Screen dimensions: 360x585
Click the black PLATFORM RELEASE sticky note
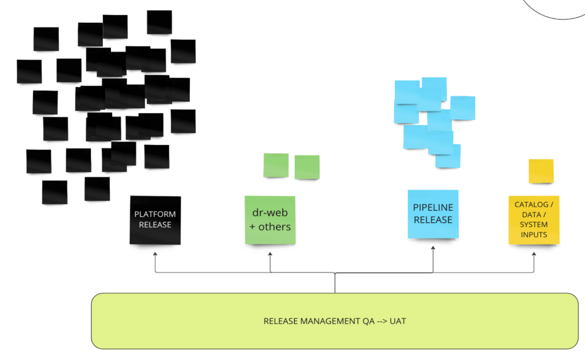(155, 220)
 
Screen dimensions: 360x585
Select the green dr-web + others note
(270, 220)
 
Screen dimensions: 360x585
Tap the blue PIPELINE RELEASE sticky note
(433, 214)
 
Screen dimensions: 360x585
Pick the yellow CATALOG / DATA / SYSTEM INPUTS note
(534, 219)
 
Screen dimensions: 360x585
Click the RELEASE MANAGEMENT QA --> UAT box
(335, 321)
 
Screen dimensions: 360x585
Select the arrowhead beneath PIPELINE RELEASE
(433, 249)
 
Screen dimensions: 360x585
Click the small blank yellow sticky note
(541, 171)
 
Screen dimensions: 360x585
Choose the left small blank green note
(276, 165)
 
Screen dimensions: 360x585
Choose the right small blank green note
(307, 167)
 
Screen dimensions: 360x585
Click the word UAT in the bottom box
(398, 321)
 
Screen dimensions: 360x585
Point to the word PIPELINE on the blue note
(433, 208)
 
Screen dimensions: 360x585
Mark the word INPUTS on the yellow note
(534, 234)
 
